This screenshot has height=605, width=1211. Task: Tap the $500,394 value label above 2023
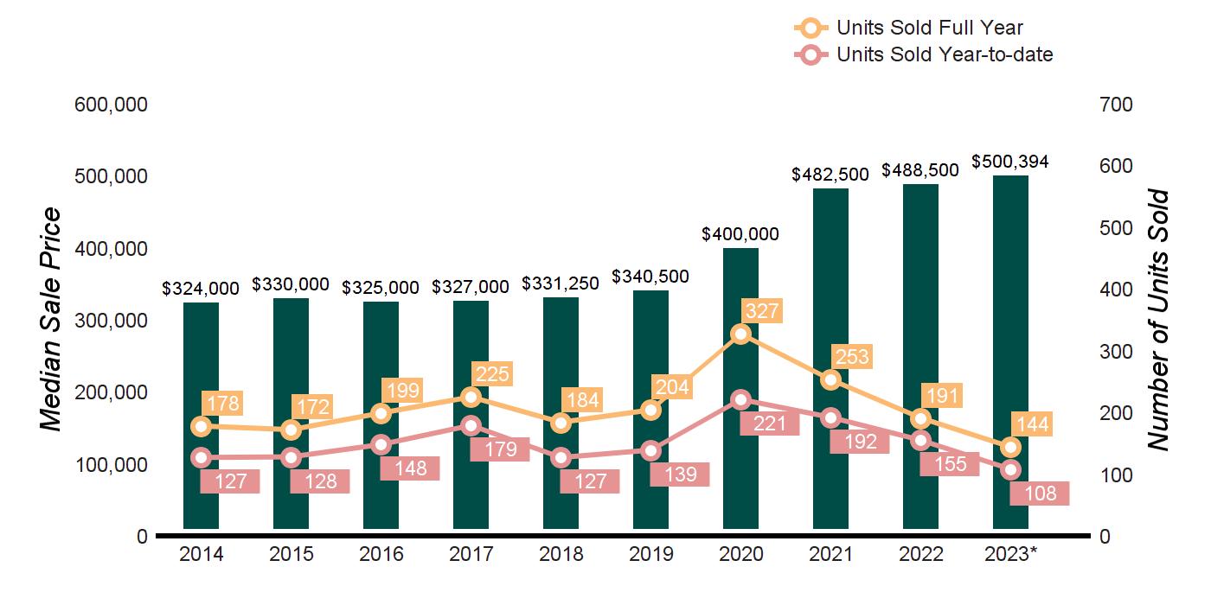click(1010, 162)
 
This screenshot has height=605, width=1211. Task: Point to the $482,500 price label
click(830, 174)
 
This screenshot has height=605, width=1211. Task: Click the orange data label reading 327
click(762, 310)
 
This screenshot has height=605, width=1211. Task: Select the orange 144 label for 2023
click(1032, 423)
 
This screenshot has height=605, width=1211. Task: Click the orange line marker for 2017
click(471, 397)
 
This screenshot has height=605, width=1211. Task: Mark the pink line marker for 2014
click(201, 457)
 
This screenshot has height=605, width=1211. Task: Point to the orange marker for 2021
click(830, 379)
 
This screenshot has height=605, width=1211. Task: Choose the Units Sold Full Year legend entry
click(930, 28)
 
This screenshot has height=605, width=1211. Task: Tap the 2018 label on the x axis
click(561, 554)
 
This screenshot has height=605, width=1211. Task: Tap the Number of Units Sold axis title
click(1158, 320)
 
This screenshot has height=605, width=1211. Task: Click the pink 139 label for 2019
click(680, 474)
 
